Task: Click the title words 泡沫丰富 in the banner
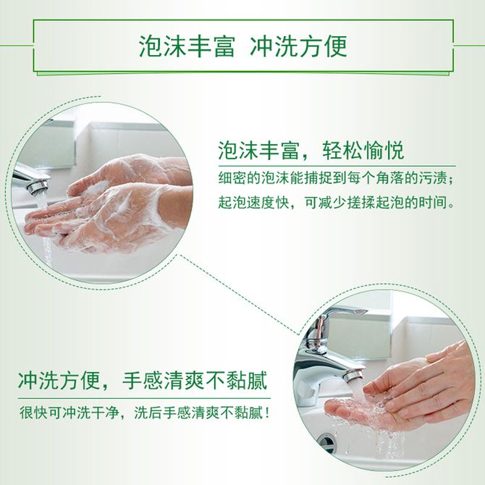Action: pos(187,46)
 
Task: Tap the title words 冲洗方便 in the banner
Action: pos(298,46)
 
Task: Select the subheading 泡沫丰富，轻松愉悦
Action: pos(311,151)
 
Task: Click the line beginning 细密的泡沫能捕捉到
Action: pos(336,178)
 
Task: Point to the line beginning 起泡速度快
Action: pos(337,203)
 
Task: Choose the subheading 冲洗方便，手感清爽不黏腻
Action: pos(143,380)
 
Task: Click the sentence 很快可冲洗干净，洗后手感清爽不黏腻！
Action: pos(145,413)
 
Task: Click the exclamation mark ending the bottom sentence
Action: pos(268,413)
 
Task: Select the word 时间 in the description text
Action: pos(433,203)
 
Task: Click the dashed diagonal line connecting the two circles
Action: pos(240,295)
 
